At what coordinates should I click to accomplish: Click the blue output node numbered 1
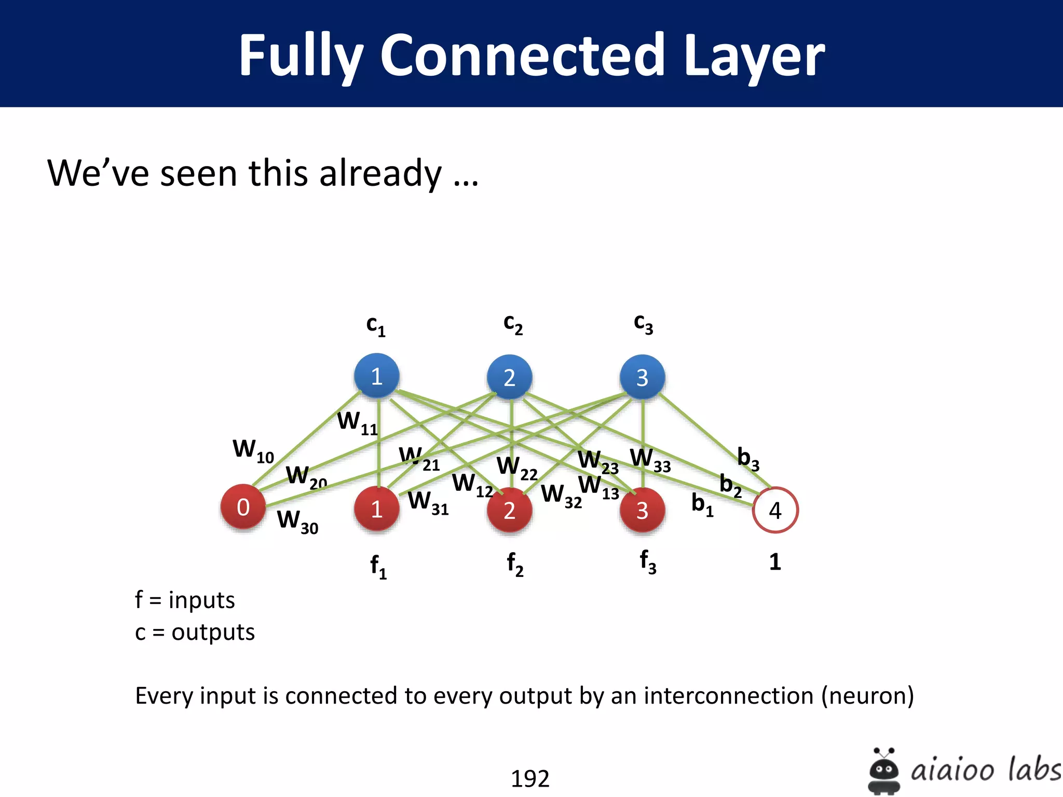click(x=376, y=376)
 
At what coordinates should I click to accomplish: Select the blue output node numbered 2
click(x=509, y=377)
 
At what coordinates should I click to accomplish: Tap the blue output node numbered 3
click(x=642, y=377)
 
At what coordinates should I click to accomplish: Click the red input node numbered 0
click(x=243, y=507)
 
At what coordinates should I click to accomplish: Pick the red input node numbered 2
click(x=509, y=510)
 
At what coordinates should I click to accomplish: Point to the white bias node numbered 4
click(x=775, y=510)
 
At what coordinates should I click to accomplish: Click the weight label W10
click(x=253, y=450)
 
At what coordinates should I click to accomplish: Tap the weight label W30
click(x=297, y=521)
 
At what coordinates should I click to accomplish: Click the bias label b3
click(x=748, y=459)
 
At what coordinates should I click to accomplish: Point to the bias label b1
click(x=702, y=504)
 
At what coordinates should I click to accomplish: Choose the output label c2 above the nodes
click(x=513, y=324)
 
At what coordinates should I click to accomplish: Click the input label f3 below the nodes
click(x=648, y=562)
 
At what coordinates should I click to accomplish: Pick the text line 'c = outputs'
click(x=195, y=632)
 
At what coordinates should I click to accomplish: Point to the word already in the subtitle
click(x=380, y=173)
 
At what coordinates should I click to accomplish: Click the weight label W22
click(x=516, y=468)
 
